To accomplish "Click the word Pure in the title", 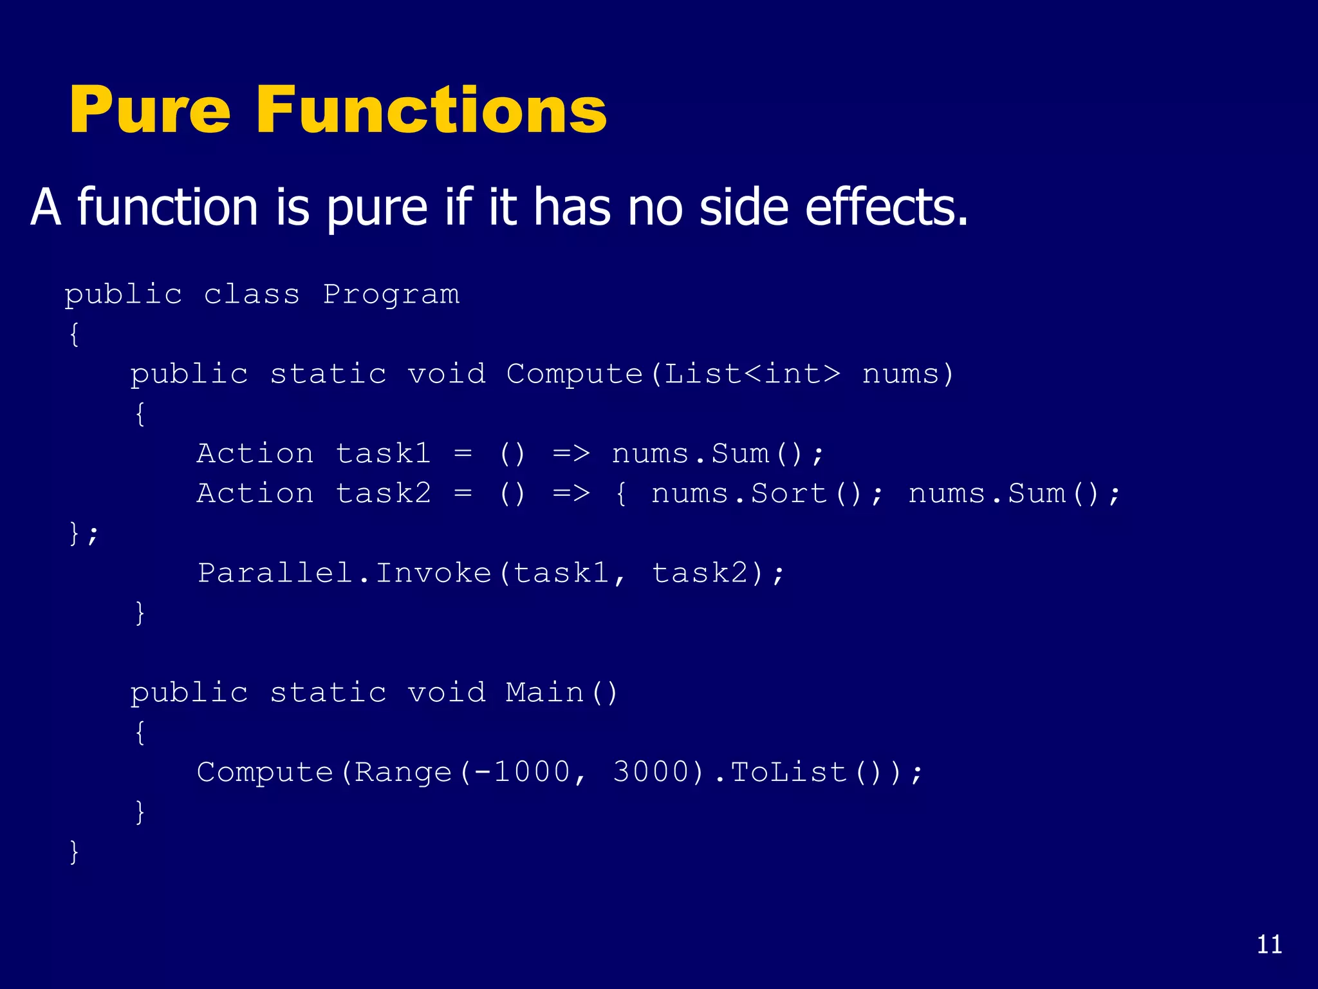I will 149,111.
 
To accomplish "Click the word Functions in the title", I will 431,111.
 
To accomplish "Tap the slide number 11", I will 1269,945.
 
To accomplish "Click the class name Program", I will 391,295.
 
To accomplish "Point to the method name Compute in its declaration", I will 574,374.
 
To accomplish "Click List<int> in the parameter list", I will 752,374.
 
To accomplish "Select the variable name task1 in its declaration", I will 383,454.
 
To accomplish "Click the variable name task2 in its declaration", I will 383,494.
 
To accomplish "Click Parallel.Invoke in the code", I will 344,573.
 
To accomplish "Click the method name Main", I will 544,693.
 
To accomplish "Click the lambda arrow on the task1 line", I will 571,454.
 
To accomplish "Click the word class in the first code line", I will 252,295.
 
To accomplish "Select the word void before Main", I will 446,693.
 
